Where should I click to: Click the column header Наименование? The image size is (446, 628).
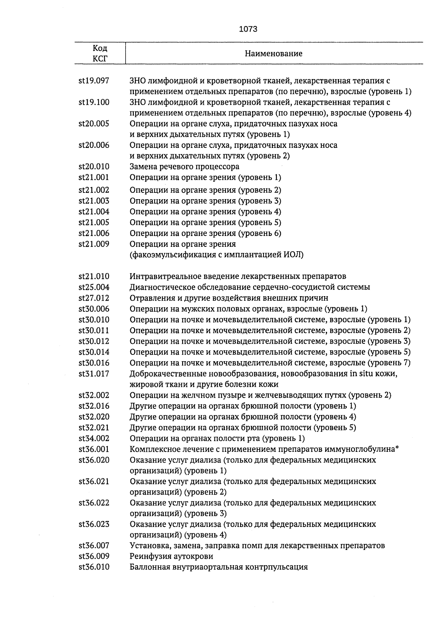pos(274,54)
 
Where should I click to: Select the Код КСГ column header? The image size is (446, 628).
pos(100,54)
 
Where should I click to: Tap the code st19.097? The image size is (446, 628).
pos(94,81)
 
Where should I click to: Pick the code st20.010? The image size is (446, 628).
pos(94,166)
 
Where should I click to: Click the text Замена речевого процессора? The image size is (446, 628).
pos(184,166)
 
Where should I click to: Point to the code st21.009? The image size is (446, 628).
pos(94,244)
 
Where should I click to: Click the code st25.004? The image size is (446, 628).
pos(94,287)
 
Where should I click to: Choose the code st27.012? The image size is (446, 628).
pos(94,298)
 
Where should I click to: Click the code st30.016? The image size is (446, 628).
pos(94,363)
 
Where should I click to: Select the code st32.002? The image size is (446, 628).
pos(94,395)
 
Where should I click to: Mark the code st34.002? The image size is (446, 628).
pos(94,438)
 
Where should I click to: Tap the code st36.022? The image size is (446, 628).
pos(94,503)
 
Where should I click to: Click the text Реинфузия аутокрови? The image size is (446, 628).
pos(171,557)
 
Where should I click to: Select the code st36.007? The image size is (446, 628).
pos(94,546)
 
